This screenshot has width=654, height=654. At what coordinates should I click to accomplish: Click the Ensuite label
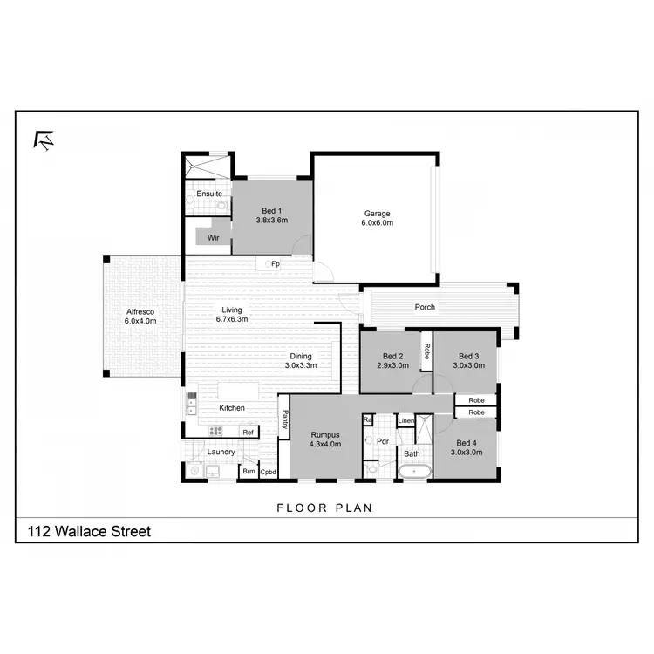click(208, 194)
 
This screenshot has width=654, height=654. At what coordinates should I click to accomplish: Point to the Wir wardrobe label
click(212, 237)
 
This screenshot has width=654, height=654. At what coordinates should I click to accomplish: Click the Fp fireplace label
click(274, 263)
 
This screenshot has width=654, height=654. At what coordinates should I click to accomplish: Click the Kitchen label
click(231, 408)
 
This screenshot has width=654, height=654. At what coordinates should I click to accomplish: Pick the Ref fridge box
click(248, 432)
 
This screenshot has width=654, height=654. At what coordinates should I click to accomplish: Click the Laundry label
click(221, 452)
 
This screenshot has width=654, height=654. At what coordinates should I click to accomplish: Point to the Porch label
click(425, 307)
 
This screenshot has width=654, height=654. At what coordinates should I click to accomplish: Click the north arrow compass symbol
click(43, 140)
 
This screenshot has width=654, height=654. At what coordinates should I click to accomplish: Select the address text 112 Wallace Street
click(90, 530)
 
